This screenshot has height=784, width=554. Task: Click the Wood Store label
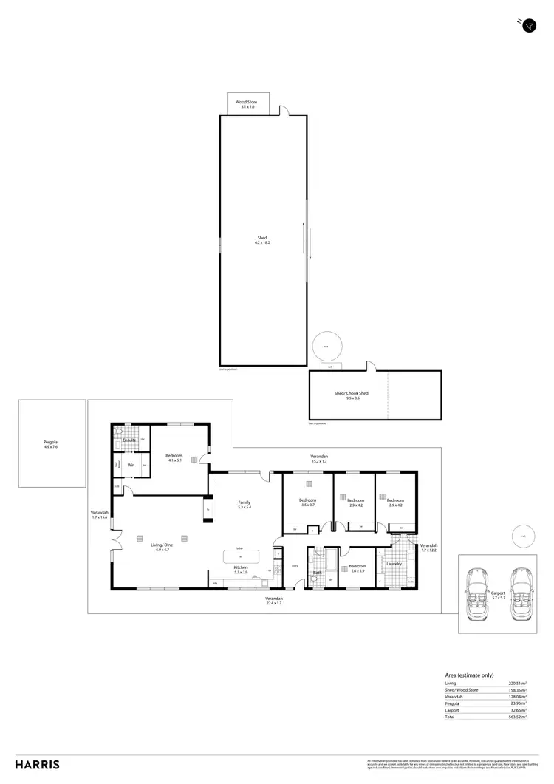tap(245, 102)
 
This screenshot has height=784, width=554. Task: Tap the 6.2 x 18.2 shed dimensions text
tap(262, 243)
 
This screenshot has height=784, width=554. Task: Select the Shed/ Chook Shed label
tap(352, 393)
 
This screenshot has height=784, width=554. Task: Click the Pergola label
tap(50, 442)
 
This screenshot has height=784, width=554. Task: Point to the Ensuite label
tap(130, 440)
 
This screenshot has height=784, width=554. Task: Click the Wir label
tap(130, 465)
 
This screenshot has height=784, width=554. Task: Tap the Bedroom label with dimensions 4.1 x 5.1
tap(174, 456)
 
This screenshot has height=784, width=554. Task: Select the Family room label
tap(244, 502)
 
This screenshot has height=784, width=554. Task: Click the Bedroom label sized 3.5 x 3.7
tap(308, 500)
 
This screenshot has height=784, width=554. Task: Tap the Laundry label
tap(393, 565)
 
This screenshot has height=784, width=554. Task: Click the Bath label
tap(318, 571)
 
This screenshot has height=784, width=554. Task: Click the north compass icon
tap(528, 26)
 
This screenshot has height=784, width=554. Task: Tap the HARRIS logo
tap(37, 765)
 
